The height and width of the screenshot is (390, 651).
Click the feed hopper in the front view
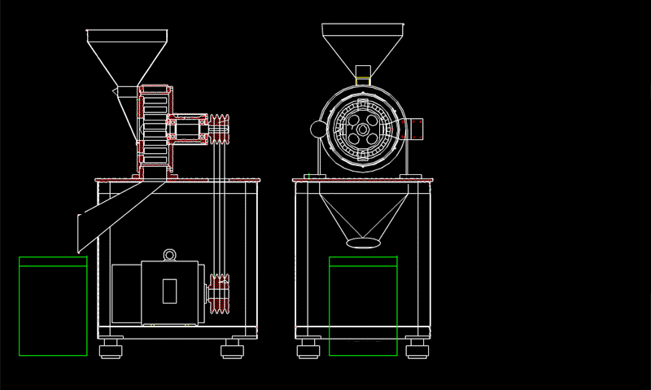coord(363,45)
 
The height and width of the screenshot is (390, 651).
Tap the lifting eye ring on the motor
coord(170,255)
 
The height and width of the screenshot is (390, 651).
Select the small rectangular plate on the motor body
coord(169,291)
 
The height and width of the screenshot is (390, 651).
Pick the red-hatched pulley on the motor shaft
coord(219,294)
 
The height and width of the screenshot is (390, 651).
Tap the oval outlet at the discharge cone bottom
coord(362,242)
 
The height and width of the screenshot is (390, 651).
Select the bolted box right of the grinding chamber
coord(414,129)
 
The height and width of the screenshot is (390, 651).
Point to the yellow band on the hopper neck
coord(364,79)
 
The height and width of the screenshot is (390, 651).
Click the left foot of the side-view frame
coord(111,351)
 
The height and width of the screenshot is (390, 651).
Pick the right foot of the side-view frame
coord(232,351)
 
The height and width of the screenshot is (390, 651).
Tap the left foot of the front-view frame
coord(308,351)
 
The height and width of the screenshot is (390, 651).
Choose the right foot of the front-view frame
coord(417,351)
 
